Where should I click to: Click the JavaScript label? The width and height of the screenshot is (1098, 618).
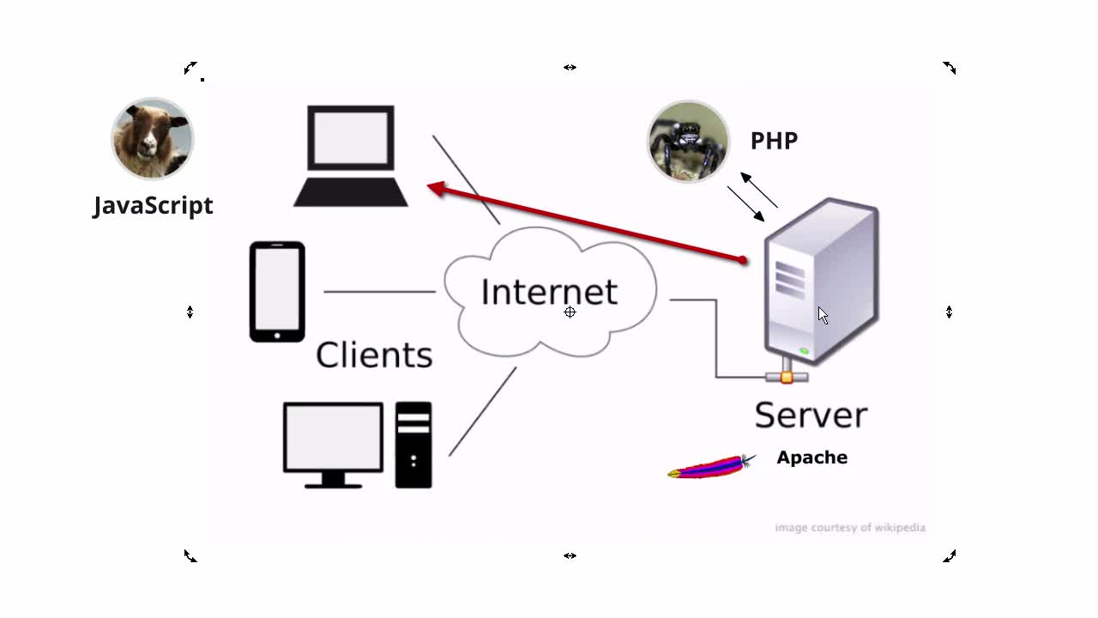coord(153,206)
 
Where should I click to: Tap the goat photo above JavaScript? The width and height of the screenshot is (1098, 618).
coord(153,138)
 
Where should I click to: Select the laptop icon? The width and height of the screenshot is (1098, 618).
coord(351,156)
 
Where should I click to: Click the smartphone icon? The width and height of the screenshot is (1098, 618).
coord(277,292)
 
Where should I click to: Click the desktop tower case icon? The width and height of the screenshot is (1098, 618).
coord(413,445)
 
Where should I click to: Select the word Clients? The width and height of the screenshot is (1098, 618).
coord(374,354)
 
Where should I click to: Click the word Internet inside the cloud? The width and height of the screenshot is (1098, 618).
coord(549,292)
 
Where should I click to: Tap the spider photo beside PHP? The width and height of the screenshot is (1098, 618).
coord(688,142)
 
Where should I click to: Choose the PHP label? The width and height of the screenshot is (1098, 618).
coord(774,141)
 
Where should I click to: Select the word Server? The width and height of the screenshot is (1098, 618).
coord(811,415)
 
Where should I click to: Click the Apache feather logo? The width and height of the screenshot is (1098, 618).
coord(711,467)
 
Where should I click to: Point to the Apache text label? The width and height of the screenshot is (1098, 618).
coord(811,457)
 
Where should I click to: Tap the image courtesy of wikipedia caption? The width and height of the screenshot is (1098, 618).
coord(849,527)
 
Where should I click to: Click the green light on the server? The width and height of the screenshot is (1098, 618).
coord(804,351)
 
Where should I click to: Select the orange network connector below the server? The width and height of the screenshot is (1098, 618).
coord(787,377)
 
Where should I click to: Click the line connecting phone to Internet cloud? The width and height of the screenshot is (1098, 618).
coord(379,292)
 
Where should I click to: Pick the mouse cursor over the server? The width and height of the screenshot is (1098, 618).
coord(823,315)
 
